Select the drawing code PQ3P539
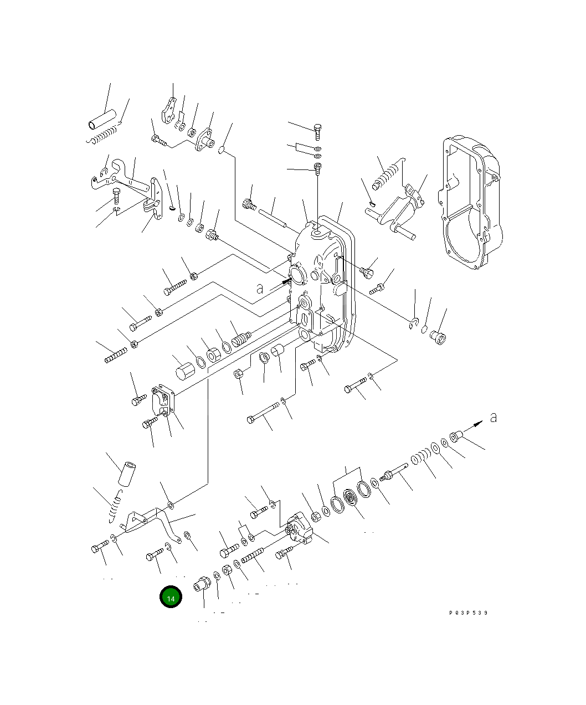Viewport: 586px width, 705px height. pos(469,613)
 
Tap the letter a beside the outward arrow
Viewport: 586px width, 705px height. pos(493,417)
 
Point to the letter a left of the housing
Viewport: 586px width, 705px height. pos(259,288)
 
